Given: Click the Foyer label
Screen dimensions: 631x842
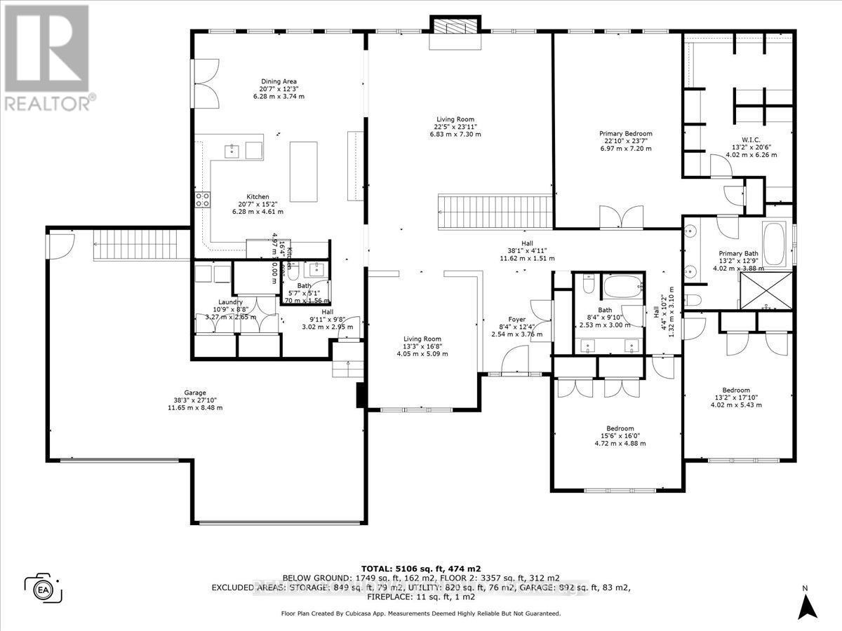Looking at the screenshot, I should [517, 320].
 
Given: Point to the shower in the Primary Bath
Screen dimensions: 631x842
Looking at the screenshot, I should [766, 292].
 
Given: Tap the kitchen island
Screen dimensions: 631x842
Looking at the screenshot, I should [304, 171].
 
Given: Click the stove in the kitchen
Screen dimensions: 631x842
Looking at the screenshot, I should [202, 199].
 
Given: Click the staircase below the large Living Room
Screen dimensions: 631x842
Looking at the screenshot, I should [494, 211].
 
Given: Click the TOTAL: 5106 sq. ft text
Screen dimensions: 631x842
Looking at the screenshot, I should [420, 569].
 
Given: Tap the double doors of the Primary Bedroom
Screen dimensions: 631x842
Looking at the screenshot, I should [621, 217].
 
